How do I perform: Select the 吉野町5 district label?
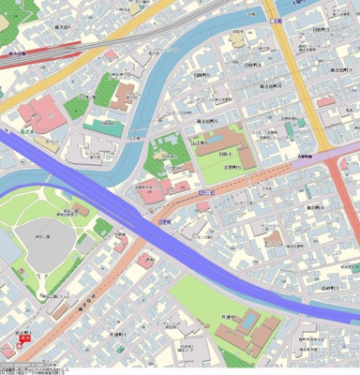tap(221, 168)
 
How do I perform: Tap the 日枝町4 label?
tap(249, 66)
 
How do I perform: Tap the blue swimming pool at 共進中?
tap(249, 319)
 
